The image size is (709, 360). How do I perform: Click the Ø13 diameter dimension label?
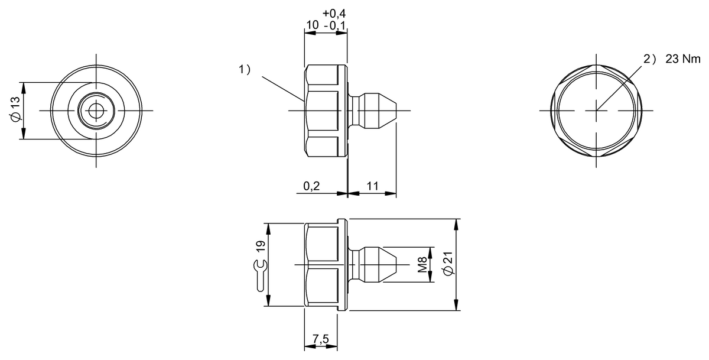tap(15, 110)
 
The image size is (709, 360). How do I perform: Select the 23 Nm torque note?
tap(682, 59)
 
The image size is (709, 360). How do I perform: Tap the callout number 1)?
tap(244, 70)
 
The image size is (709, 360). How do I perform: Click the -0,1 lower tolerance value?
tap(335, 25)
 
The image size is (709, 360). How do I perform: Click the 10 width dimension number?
tap(312, 25)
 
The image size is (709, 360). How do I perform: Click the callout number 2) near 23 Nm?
tap(649, 59)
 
